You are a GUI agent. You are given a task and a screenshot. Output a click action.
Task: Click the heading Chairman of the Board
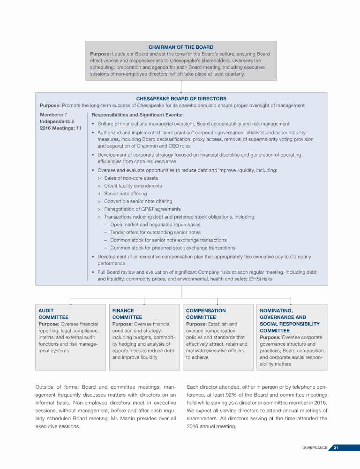point(181,47)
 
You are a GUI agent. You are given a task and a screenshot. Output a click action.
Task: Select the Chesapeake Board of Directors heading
point(181,99)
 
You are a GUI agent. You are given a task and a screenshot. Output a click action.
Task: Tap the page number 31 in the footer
point(336,447)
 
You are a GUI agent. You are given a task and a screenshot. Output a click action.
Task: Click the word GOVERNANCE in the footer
point(314,447)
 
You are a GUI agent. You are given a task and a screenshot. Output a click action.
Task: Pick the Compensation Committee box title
point(206,314)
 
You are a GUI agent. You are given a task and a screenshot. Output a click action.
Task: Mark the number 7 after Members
point(66,114)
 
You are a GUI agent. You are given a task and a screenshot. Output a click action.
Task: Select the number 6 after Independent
point(73,121)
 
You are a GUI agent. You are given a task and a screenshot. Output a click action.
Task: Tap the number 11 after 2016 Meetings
point(79,129)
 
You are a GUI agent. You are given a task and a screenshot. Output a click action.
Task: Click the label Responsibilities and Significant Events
point(137,114)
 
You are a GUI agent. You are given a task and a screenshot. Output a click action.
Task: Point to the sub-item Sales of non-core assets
point(131,178)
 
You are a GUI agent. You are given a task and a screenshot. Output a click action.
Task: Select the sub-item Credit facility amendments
point(133,186)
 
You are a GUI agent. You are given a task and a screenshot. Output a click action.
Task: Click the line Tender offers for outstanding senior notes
point(155,232)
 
